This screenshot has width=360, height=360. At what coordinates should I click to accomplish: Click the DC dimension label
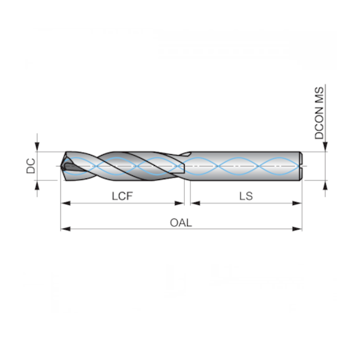click(x=29, y=166)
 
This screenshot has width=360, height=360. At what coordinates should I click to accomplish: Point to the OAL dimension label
click(x=181, y=222)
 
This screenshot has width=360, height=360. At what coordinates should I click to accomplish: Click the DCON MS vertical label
click(x=320, y=113)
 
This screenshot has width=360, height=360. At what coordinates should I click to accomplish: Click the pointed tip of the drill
click(x=63, y=166)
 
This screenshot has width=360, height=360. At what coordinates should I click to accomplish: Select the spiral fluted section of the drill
click(x=125, y=166)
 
